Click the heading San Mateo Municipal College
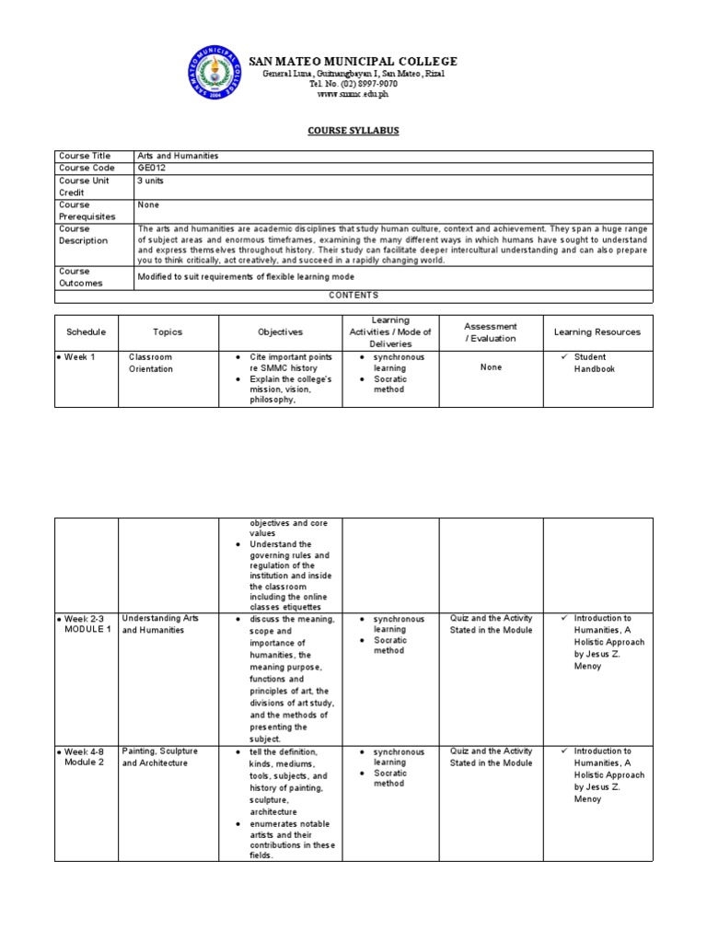click(353, 62)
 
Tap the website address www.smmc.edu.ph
click(353, 94)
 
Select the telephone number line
click(353, 84)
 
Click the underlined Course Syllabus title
click(353, 131)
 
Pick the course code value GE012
click(152, 169)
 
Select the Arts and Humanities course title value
click(178, 157)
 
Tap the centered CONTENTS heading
click(353, 296)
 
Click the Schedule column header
click(87, 332)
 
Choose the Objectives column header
click(280, 332)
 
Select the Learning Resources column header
click(597, 332)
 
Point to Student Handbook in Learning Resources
click(594, 363)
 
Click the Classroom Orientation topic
click(150, 363)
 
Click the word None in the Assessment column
click(491, 367)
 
